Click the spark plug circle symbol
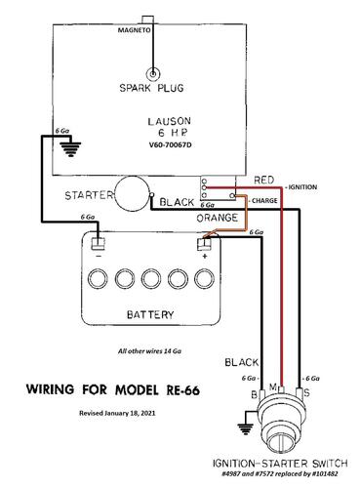153,74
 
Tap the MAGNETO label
134,30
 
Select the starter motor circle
133,193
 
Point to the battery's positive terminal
204,244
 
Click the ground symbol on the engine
70,148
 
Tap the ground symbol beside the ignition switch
244,428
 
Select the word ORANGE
217,218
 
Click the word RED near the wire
264,180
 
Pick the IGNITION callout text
300,187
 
